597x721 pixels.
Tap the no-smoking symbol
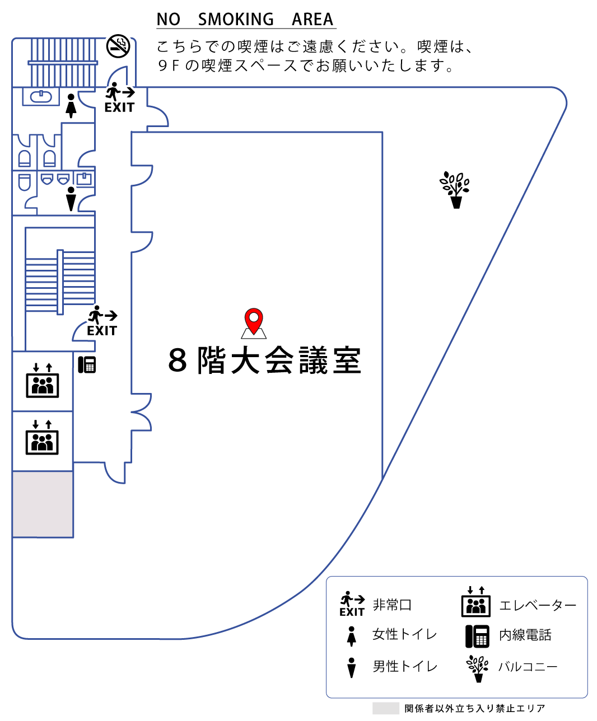(118, 46)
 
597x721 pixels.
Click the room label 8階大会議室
(265, 360)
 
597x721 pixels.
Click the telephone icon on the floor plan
(87, 364)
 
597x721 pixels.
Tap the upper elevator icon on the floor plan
(43, 381)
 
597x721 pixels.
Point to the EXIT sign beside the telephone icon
(102, 321)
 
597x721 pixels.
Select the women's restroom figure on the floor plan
(71, 106)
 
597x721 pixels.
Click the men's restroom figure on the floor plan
(71, 199)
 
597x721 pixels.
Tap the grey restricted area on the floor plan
(43, 504)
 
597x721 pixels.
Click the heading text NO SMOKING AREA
(245, 20)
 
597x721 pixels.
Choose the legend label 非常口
(393, 605)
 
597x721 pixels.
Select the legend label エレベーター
(538, 606)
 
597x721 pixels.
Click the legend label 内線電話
(525, 635)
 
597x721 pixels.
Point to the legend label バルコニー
(528, 667)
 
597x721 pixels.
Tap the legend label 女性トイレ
(404, 635)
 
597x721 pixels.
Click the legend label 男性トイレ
(405, 667)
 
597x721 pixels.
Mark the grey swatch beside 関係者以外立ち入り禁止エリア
(385, 709)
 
